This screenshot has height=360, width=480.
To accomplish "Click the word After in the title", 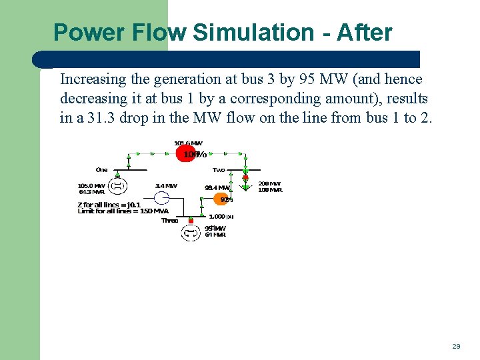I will [365, 32].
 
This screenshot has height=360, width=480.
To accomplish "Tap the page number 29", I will [456, 346].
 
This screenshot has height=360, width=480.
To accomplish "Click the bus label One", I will [101, 169].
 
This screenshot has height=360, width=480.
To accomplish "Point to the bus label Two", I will [219, 169].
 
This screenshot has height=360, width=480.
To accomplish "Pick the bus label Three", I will [170, 221].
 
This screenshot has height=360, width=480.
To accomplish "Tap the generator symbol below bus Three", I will [191, 233].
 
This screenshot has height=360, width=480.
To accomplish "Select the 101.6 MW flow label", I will [188, 143].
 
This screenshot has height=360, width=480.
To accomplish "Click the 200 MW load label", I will [270, 183].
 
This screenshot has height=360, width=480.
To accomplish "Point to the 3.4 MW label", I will [166, 185].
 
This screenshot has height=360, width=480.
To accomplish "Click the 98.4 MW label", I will [217, 187].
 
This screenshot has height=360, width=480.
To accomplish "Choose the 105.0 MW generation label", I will [91, 185].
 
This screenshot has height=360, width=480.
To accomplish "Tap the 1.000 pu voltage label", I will [221, 216].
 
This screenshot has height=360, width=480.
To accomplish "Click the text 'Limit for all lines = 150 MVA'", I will [123, 211].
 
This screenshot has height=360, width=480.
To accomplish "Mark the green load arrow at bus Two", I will [245, 194].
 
